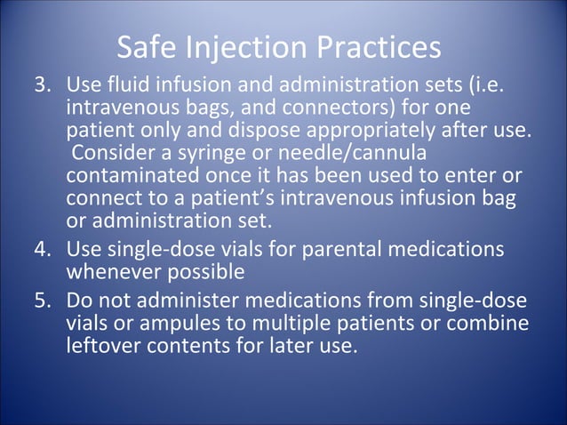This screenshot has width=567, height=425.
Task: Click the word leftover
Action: (104, 343)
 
